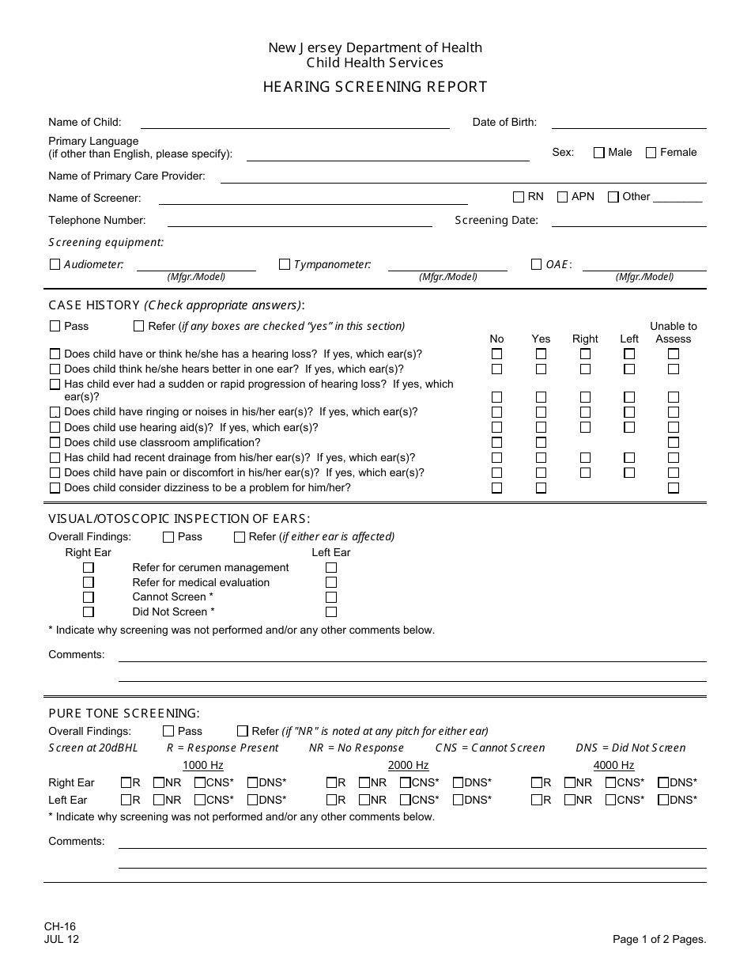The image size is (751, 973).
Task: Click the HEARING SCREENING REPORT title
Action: tap(375, 87)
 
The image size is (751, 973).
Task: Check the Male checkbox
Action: tap(598, 153)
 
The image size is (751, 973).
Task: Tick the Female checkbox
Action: tap(651, 153)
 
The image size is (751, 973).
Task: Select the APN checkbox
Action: tap(563, 197)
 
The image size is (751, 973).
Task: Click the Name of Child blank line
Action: tap(294, 123)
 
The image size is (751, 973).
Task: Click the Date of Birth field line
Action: tap(628, 123)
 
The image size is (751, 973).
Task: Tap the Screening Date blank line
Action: tap(628, 221)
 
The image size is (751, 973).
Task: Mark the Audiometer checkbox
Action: tap(55, 265)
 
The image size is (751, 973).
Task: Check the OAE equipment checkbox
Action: tap(537, 265)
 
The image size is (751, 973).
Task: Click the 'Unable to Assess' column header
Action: tap(674, 332)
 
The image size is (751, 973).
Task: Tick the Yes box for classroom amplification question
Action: tap(541, 443)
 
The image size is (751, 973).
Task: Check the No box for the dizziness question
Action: tap(496, 488)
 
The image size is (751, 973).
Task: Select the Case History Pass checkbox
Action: tap(55, 326)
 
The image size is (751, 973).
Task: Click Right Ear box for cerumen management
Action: tap(89, 568)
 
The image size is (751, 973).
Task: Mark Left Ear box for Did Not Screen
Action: tap(331, 612)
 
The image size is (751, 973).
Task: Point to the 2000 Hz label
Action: tap(408, 765)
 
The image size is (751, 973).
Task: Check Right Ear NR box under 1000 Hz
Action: tap(159, 783)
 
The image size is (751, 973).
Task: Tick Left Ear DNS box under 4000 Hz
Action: tap(663, 800)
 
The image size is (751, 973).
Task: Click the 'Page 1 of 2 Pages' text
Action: tap(659, 940)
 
